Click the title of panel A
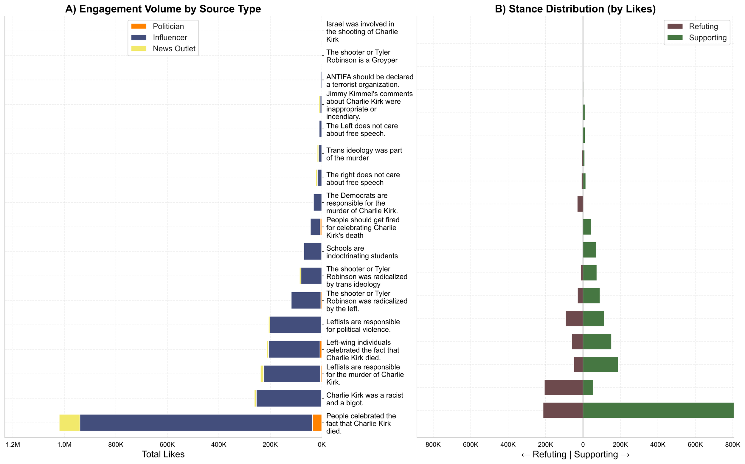(x=163, y=9)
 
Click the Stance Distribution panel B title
(x=575, y=9)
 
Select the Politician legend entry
(x=168, y=27)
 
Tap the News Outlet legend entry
(x=174, y=49)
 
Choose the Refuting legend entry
(x=703, y=27)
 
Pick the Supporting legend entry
(x=707, y=38)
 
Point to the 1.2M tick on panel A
(x=13, y=444)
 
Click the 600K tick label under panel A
(x=167, y=444)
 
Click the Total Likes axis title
(x=163, y=454)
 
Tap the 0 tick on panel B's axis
(x=583, y=444)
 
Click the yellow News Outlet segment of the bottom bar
(x=70, y=423)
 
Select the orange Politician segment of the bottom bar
(x=317, y=423)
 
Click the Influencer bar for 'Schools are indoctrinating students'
(x=313, y=251)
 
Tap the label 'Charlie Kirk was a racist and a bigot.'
(x=364, y=399)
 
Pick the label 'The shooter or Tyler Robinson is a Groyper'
(x=362, y=56)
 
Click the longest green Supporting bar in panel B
(x=658, y=410)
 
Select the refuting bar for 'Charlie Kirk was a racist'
(x=564, y=387)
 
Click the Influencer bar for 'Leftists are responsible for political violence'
(x=296, y=325)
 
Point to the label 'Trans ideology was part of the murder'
(x=364, y=154)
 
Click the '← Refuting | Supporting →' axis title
(x=575, y=454)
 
